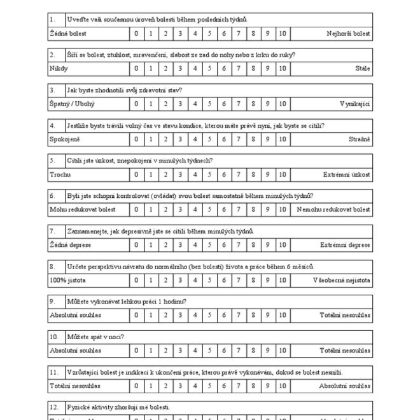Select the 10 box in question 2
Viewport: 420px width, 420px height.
click(x=283, y=68)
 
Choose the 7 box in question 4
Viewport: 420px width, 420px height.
click(x=239, y=139)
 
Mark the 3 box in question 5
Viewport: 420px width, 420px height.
click(x=180, y=174)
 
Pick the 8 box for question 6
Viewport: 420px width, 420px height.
click(x=253, y=209)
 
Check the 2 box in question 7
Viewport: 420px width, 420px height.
click(x=165, y=244)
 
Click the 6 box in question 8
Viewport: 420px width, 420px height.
click(x=224, y=279)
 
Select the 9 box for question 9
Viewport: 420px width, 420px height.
click(x=269, y=314)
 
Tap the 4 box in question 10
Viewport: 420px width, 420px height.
click(x=195, y=350)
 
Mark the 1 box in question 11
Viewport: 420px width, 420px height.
click(x=150, y=385)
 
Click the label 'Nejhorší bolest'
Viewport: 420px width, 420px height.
click(x=348, y=33)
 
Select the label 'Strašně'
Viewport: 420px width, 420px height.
click(x=359, y=139)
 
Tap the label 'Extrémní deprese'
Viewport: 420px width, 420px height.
click(x=345, y=244)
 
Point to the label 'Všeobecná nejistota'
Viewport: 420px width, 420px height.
click(x=341, y=279)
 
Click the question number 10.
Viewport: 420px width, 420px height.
click(x=53, y=337)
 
